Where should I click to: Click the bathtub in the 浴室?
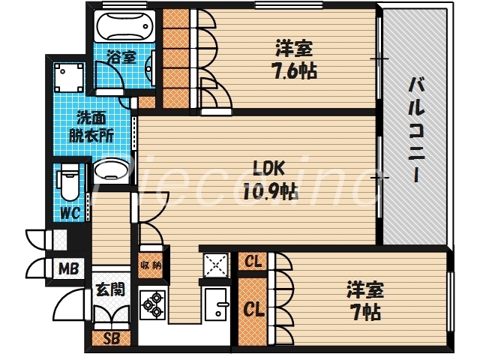point(125,28)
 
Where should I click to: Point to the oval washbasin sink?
point(112,172)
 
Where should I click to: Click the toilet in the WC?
point(67,180)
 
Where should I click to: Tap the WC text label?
point(70,213)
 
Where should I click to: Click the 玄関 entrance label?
point(109,289)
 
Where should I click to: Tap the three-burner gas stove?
point(153,304)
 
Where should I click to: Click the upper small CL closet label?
point(253,261)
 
